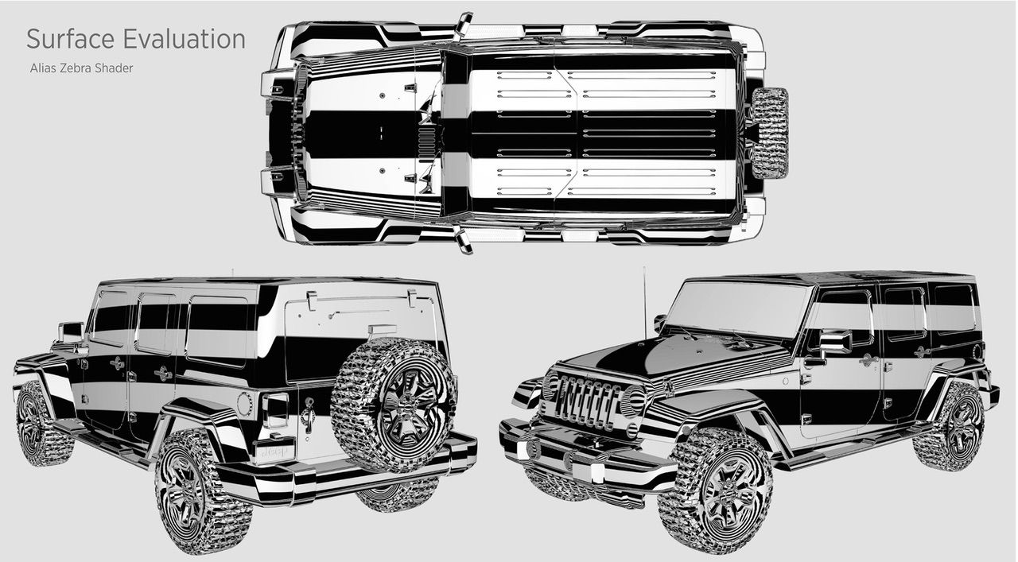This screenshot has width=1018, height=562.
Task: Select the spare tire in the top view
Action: point(769,132)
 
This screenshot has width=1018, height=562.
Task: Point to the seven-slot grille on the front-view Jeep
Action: point(589,401)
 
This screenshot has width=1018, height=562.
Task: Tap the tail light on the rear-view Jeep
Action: point(275,409)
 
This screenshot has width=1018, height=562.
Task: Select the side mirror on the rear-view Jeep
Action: point(70,331)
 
